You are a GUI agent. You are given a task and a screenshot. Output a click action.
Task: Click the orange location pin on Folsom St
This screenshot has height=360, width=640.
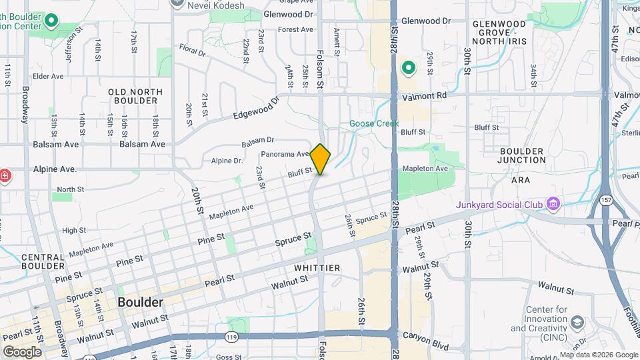tap(321, 159)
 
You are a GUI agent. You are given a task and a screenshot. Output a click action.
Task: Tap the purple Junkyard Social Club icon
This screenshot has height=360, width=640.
tap(553, 203)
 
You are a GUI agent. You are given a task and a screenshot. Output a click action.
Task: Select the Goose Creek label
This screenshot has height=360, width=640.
tap(374, 123)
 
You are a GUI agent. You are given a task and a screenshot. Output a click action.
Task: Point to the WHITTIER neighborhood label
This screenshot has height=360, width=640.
tap(317, 268)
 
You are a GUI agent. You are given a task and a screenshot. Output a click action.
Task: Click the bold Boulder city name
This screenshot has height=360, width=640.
tap(140, 302)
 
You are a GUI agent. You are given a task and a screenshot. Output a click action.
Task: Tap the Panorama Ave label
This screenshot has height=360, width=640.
tap(285, 154)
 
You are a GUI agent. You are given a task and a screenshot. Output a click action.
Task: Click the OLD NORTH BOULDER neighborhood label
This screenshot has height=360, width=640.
tap(133, 95)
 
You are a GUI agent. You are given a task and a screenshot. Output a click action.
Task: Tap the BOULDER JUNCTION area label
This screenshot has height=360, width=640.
tap(521, 155)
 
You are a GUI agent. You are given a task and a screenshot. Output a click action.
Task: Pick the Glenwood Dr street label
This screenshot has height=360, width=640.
tap(288, 13)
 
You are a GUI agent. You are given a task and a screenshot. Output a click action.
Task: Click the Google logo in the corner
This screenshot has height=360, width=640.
tap(22, 351)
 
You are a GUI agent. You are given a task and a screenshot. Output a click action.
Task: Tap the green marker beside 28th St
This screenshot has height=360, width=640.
tap(408, 68)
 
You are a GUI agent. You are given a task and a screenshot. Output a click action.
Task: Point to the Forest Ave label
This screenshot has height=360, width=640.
tap(295, 29)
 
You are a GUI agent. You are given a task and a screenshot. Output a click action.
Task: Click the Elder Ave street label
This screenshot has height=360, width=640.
tap(47, 76)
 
